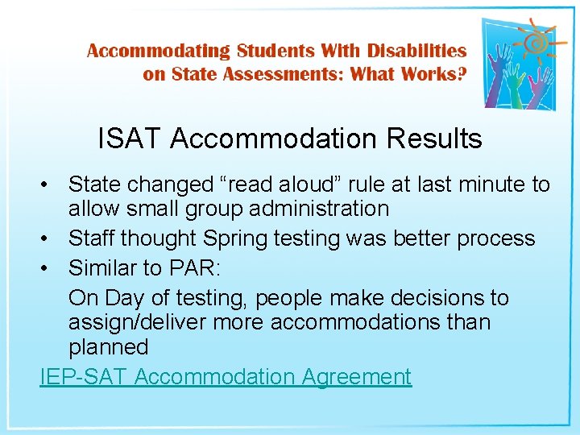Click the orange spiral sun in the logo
pos(536,40)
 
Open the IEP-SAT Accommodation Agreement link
pos(226,376)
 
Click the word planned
pos(109,347)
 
